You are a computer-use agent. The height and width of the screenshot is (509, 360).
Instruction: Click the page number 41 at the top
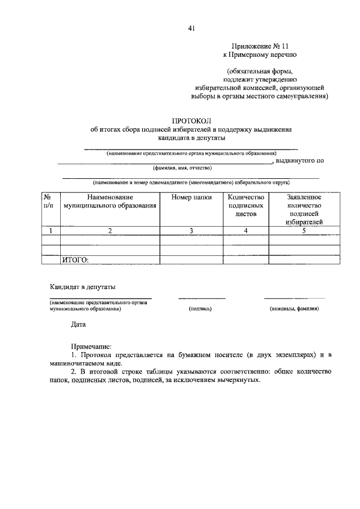192,29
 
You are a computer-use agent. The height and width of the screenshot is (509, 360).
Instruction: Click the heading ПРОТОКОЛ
191,120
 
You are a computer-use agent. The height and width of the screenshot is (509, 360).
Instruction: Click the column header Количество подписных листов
245,205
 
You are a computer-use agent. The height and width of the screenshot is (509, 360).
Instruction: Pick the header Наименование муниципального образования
110,201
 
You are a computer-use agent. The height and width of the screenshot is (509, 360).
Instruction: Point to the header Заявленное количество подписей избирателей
304,209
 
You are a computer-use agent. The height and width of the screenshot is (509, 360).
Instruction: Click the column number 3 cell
191,230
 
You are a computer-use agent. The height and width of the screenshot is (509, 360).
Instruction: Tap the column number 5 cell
304,230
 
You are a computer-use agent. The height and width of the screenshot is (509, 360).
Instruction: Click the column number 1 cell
51,230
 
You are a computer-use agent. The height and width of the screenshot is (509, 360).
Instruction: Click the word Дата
79,325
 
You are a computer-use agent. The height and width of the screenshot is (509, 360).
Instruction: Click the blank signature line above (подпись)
201,298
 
